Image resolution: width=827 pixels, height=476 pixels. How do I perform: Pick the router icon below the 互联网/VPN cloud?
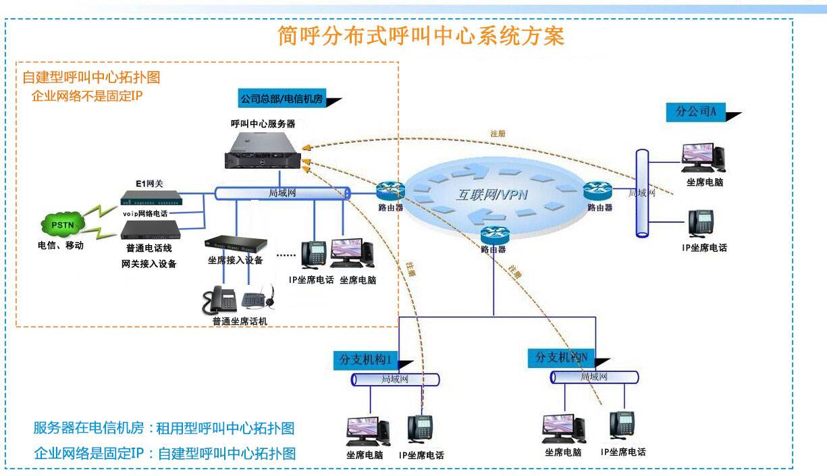point(493,234)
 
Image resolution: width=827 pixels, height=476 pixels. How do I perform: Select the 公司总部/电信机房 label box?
point(282,99)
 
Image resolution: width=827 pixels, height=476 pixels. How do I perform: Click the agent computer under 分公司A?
point(702,159)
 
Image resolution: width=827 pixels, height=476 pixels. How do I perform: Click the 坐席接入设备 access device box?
point(236,244)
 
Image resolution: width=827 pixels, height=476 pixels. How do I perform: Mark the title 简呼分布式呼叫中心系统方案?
point(421,36)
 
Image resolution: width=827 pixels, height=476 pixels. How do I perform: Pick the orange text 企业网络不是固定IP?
point(87,96)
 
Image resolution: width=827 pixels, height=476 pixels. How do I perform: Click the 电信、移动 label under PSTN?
point(61,246)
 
